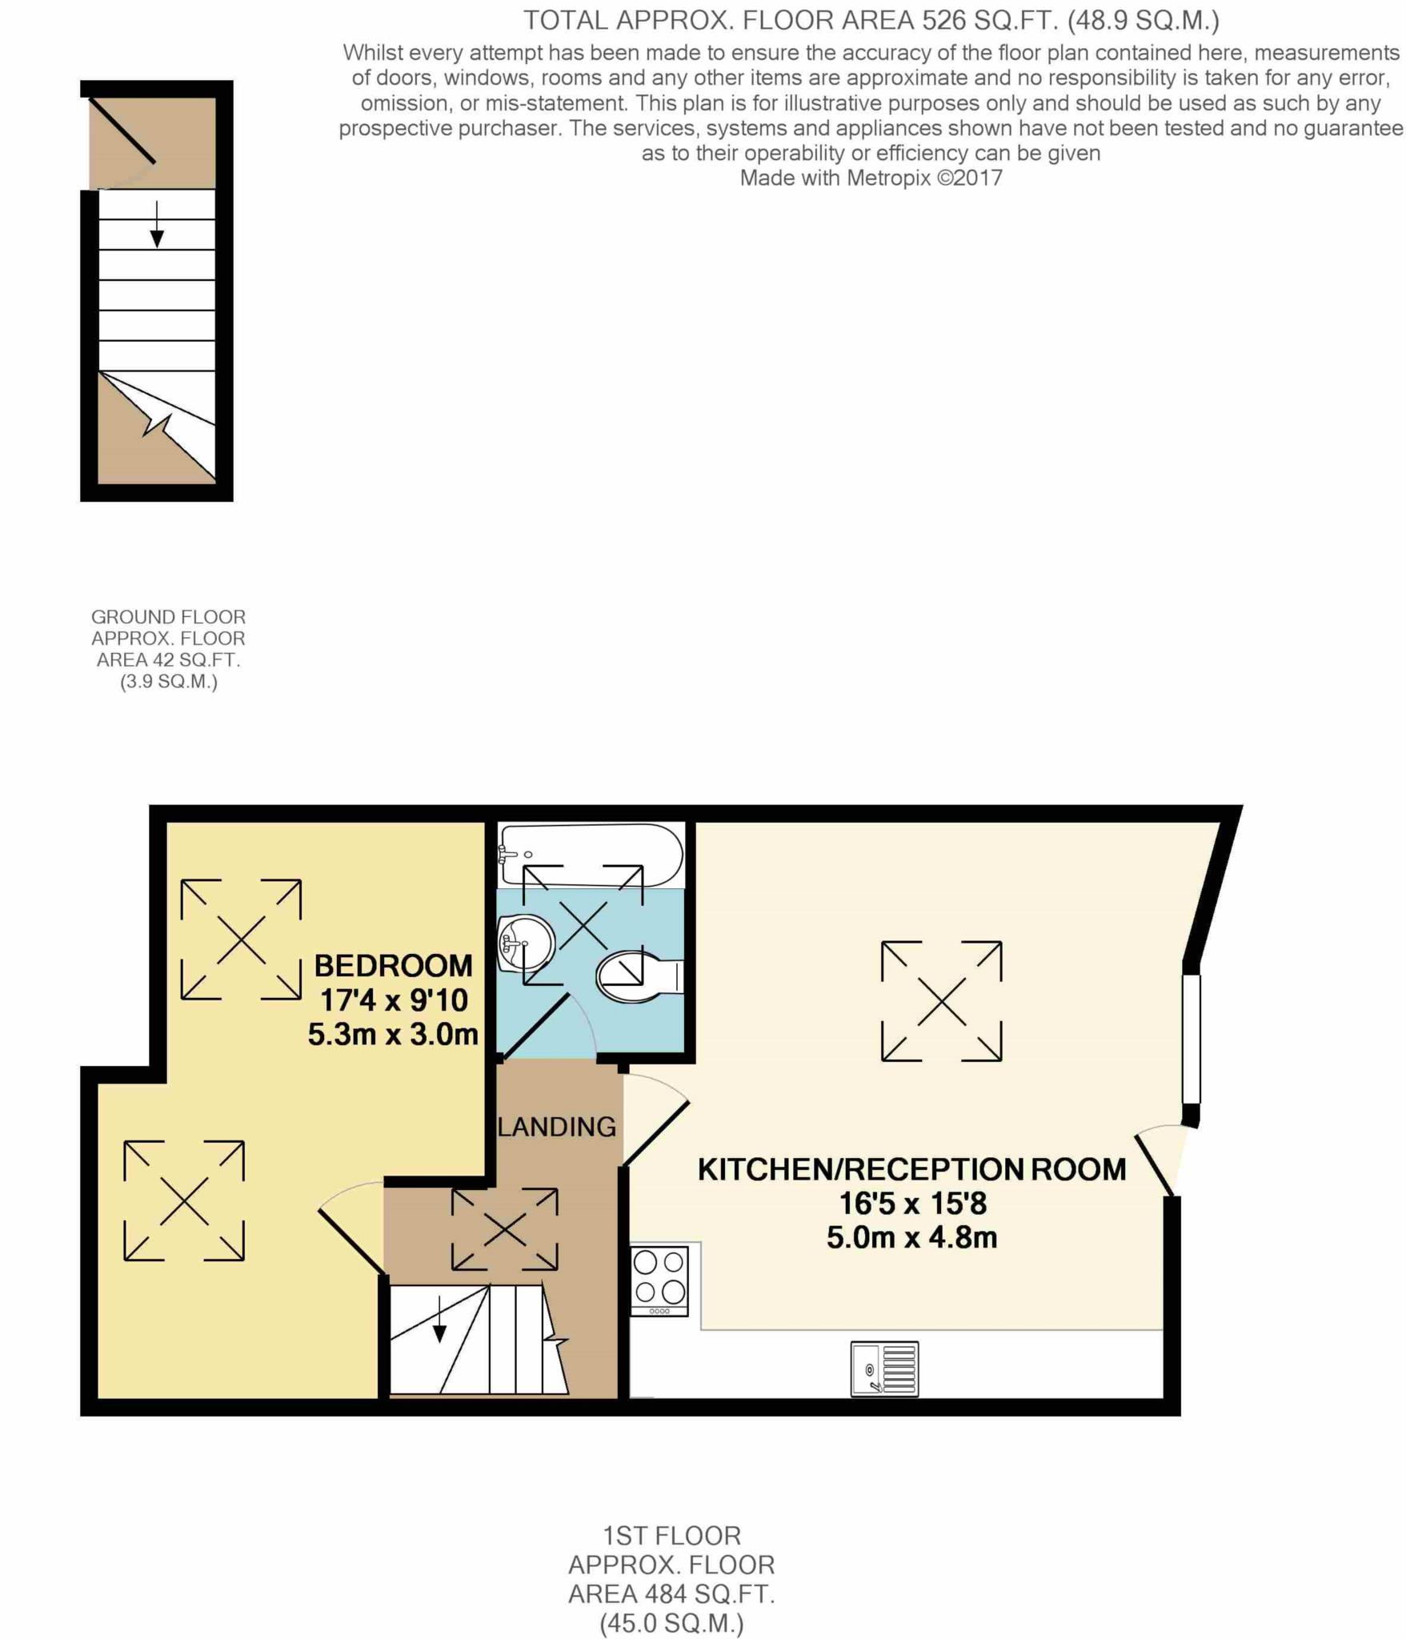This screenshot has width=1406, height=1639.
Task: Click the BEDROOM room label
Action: (393, 966)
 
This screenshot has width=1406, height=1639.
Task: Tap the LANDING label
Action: (557, 1127)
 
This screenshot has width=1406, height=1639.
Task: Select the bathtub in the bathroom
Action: (591, 855)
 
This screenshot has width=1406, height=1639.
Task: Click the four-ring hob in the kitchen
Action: (659, 1280)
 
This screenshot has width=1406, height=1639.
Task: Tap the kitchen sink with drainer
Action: (884, 1369)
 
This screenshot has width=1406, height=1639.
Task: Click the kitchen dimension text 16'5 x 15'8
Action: (912, 1204)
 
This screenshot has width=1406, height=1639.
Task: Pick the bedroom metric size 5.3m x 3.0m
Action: (393, 1035)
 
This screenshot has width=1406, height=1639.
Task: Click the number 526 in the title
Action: (944, 20)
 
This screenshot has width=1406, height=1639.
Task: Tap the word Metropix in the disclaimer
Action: (888, 178)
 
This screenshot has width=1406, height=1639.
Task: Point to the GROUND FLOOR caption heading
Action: (168, 617)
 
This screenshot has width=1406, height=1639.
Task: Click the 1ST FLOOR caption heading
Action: (671, 1536)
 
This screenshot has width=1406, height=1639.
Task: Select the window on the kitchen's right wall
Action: (1192, 1038)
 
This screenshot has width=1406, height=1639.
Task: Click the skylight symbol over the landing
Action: (505, 1229)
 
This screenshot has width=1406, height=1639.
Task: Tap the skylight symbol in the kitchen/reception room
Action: (942, 1001)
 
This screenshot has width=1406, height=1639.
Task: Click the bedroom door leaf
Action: (351, 1240)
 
